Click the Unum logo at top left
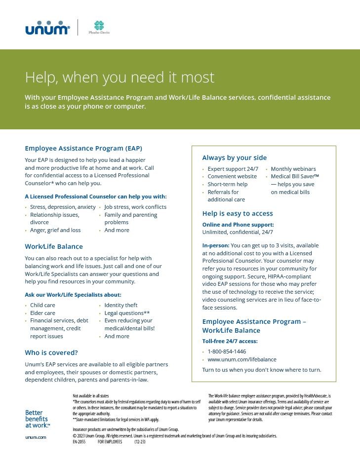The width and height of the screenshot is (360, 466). click(x=47, y=28)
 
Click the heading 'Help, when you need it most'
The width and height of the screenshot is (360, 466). click(x=120, y=78)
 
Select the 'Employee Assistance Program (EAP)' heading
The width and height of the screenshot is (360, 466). click(x=83, y=148)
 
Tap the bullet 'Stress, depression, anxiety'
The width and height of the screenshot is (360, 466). click(x=63, y=207)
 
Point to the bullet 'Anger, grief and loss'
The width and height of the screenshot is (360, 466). click(x=55, y=230)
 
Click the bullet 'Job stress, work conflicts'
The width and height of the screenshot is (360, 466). click(x=135, y=207)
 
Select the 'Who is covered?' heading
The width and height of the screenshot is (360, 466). click(x=51, y=352)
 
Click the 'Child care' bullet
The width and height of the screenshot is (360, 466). click(x=42, y=305)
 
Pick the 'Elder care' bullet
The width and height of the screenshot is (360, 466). click(x=42, y=313)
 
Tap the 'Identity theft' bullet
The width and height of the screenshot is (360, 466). click(x=121, y=305)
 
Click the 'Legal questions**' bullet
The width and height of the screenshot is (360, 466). click(x=127, y=313)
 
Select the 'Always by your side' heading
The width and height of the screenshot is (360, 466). click(x=234, y=158)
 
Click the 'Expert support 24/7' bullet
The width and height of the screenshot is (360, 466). click(x=233, y=169)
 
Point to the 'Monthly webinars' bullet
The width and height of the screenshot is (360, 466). click(x=293, y=169)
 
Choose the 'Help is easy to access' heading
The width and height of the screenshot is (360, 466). click(x=238, y=214)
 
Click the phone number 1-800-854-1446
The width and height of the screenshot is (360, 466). click(x=227, y=351)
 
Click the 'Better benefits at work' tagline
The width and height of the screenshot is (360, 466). click(x=37, y=419)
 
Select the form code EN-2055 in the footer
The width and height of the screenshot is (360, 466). click(x=79, y=442)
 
